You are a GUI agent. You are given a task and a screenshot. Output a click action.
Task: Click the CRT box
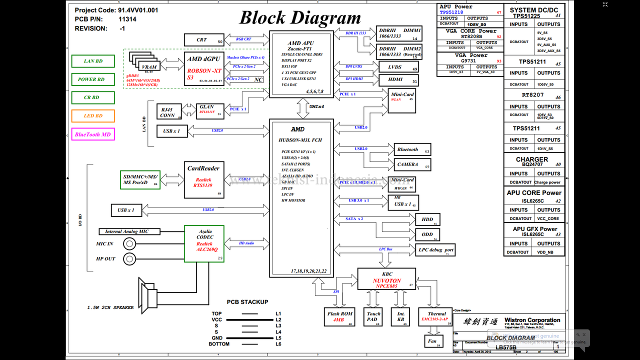203,40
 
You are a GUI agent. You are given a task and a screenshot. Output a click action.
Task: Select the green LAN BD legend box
93,61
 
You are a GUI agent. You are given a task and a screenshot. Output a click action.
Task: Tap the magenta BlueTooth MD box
93,134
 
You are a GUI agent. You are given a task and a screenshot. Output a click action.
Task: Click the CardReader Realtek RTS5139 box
203,179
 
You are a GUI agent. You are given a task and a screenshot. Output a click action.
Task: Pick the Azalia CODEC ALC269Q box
204,243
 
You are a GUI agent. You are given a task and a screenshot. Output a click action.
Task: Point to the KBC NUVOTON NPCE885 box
386,279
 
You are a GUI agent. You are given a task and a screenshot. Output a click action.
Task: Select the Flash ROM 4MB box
340,317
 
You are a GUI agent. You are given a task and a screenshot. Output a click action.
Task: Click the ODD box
427,234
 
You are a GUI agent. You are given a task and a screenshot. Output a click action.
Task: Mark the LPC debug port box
435,250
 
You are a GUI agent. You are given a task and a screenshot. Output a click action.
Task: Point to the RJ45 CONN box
167,112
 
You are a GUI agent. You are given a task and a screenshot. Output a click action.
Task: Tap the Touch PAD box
373,317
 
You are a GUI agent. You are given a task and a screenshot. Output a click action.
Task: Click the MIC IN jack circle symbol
130,244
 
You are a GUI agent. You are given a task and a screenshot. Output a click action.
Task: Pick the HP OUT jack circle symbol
130,258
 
